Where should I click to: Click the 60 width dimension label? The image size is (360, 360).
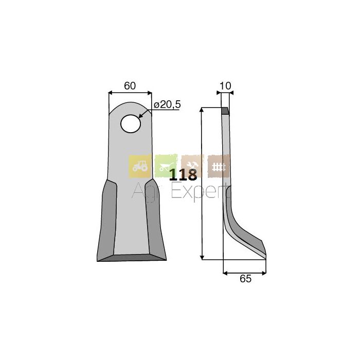(130, 86)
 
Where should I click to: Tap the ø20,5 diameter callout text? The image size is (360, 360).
(167, 105)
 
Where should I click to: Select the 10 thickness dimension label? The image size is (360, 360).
(225, 86)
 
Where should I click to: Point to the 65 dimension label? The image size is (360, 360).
(245, 279)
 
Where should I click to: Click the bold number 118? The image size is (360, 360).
(183, 175)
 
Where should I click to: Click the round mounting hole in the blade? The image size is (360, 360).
(131, 124)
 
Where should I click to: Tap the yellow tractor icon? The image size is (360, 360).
(140, 166)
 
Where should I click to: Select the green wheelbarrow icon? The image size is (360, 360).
(166, 166)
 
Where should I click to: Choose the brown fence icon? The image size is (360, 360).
(219, 166)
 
